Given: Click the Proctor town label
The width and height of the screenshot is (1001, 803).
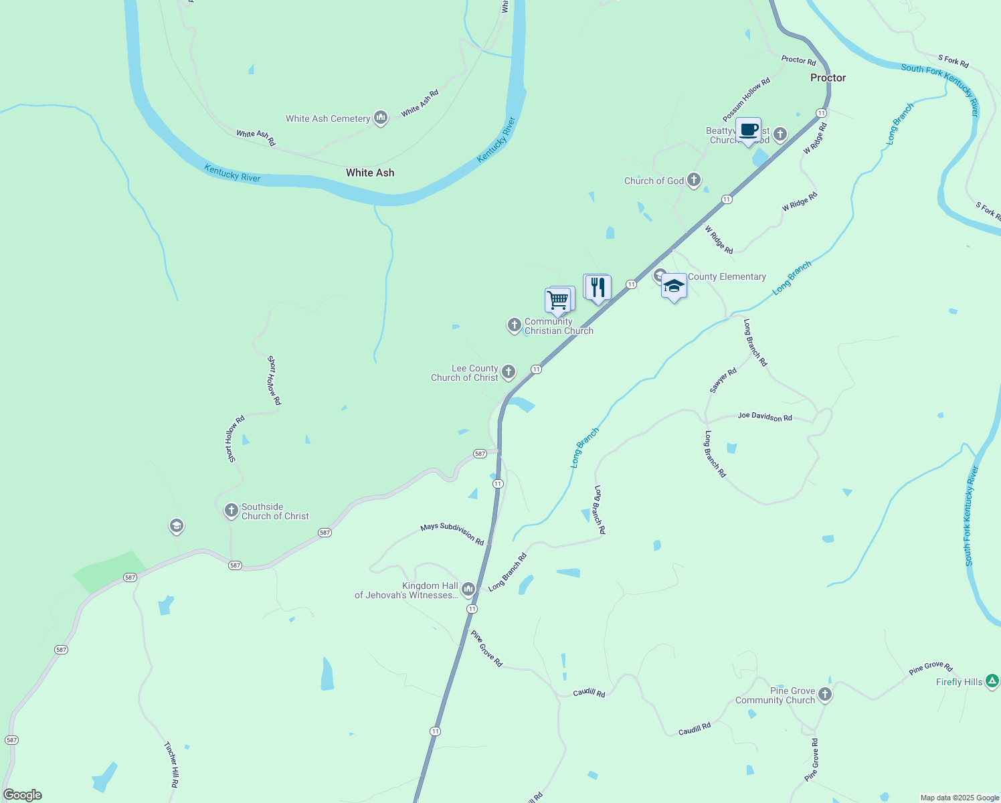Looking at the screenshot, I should [828, 78].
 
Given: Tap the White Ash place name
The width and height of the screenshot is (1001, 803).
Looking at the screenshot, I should [370, 173].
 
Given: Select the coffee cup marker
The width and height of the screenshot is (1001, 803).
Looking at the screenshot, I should [748, 130].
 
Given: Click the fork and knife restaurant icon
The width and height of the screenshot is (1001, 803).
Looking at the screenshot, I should [598, 288].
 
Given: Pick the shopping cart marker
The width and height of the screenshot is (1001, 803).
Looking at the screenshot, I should [558, 300].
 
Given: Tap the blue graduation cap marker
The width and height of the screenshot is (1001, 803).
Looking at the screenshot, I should [674, 286].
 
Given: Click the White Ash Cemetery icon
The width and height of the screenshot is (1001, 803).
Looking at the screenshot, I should [381, 118].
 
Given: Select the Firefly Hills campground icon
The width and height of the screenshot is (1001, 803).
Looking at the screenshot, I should [992, 682].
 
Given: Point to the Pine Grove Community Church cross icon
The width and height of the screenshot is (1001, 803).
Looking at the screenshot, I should [825, 695].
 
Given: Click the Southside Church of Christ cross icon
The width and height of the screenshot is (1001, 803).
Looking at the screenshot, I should [231, 511].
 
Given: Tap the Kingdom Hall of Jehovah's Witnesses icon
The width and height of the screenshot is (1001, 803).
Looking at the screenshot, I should [468, 590].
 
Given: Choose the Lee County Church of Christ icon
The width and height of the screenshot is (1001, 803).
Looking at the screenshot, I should [509, 372].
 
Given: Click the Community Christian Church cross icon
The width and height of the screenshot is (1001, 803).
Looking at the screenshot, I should [514, 325].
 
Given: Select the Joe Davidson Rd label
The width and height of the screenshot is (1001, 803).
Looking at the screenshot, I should [765, 417].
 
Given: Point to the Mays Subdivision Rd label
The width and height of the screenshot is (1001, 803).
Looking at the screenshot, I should [452, 533].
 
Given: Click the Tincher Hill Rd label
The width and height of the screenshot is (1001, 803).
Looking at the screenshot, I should [171, 764].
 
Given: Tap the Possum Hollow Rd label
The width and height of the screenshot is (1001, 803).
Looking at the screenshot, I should [747, 100].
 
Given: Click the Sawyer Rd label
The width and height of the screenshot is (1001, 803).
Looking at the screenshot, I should [723, 380].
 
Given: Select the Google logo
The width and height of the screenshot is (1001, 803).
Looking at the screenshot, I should [23, 794].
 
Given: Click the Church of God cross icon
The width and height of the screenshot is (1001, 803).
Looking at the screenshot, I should [694, 179].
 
